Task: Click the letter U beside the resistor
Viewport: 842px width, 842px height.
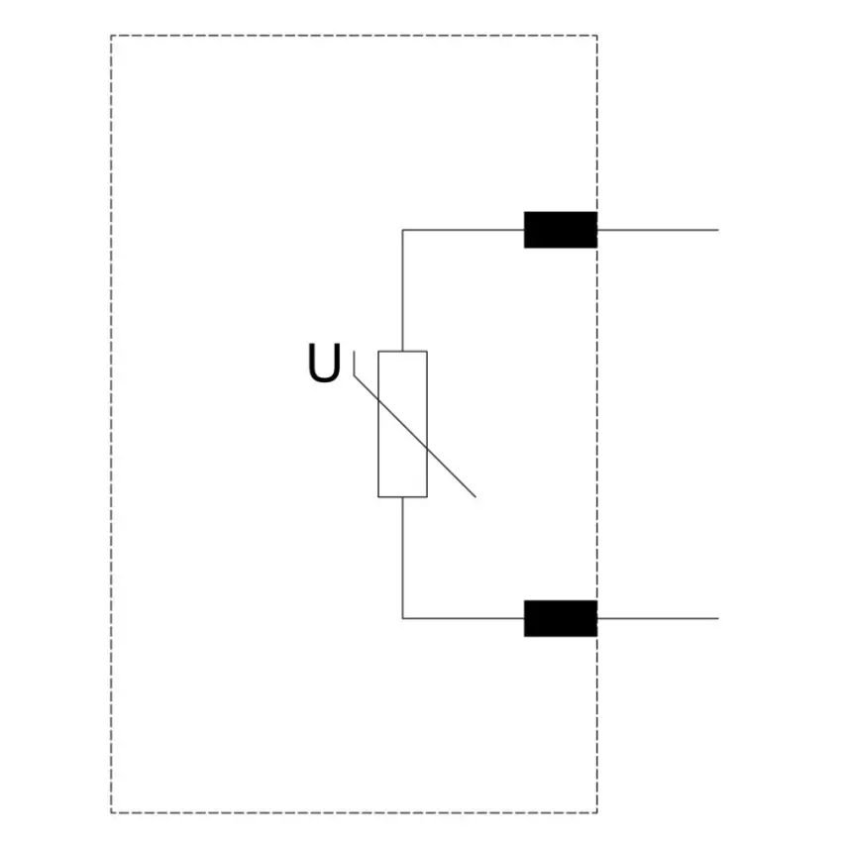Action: coord(324,363)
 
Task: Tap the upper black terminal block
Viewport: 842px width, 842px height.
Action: coord(561,230)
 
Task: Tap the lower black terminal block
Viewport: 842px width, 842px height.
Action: coord(561,618)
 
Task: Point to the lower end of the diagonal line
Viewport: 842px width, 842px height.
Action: coord(475,497)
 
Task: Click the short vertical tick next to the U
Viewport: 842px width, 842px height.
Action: coord(354,364)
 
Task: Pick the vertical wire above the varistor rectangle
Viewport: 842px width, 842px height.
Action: coord(403,290)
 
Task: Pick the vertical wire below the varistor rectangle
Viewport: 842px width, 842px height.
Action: coord(403,558)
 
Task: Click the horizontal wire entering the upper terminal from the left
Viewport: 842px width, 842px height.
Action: coord(464,230)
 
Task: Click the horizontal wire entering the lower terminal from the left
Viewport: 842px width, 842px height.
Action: coord(464,618)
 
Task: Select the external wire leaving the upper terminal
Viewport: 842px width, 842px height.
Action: coord(658,230)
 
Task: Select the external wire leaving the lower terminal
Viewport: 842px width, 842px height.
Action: coord(658,618)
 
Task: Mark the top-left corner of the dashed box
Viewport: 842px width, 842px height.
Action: coord(111,36)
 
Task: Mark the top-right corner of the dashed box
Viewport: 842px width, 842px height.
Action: coord(597,36)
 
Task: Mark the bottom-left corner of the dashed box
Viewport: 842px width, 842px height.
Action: coord(111,813)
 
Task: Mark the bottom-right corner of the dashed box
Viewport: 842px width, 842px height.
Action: coord(597,813)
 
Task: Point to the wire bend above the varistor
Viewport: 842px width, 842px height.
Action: coord(403,230)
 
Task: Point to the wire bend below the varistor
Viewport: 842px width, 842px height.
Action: coord(403,618)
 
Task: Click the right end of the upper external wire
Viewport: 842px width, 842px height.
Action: coord(718,230)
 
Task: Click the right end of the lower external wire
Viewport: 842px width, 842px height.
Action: coord(718,618)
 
